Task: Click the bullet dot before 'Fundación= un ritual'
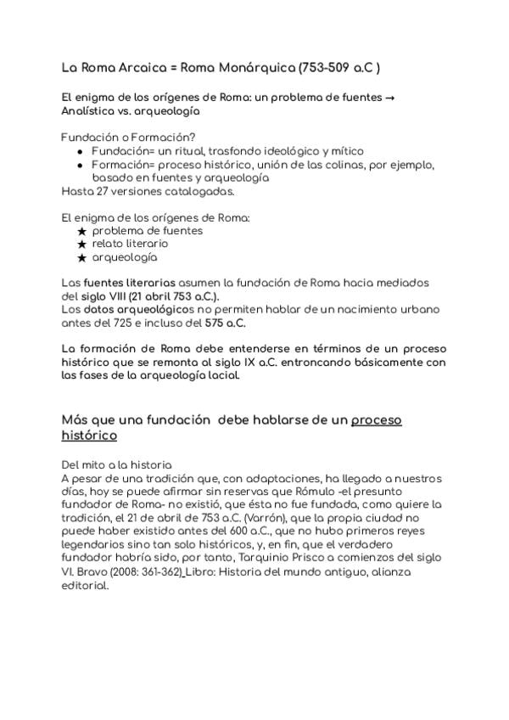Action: [x=80, y=150]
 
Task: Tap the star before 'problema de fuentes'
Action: [x=81, y=230]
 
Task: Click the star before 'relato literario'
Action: [x=81, y=244]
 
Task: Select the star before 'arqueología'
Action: [x=81, y=257]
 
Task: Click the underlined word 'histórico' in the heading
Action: [x=89, y=435]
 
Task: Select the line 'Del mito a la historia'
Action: [x=117, y=464]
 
